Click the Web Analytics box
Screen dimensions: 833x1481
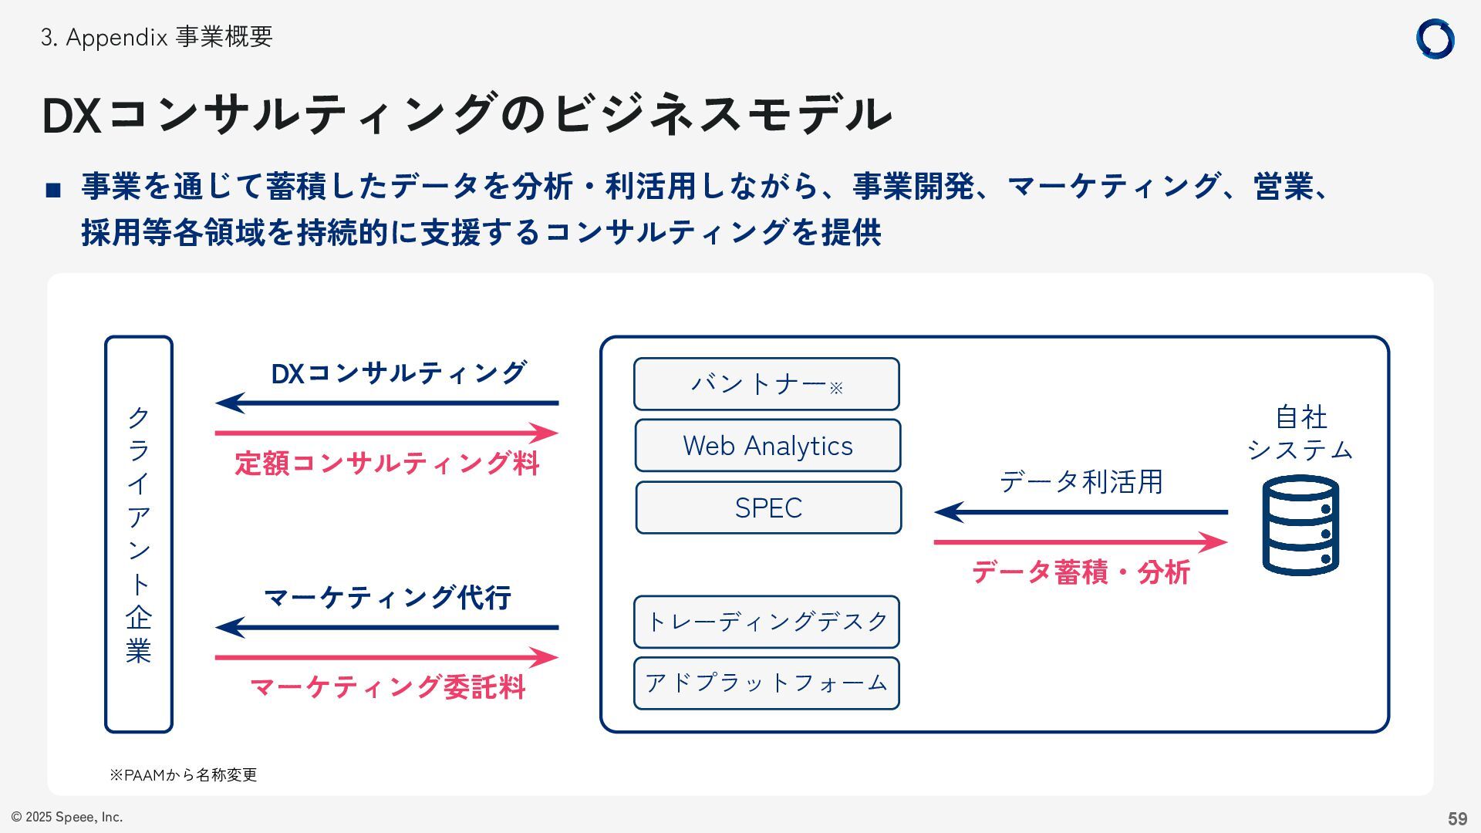pos(767,446)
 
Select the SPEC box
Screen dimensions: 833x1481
pos(768,508)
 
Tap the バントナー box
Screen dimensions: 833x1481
pos(766,384)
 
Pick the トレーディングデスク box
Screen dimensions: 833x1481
pos(766,622)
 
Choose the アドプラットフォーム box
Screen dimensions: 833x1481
pos(766,683)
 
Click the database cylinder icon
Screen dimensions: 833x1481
pos(1301,525)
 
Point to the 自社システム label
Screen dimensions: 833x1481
pos(1301,433)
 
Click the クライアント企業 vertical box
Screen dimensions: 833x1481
pos(139,534)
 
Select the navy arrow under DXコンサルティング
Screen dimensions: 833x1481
pos(386,403)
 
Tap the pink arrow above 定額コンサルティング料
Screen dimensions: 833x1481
pos(386,433)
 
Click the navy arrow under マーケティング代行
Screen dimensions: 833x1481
pos(386,627)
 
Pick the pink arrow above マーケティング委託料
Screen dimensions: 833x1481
pos(386,658)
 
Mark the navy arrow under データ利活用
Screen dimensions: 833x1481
pos(1080,511)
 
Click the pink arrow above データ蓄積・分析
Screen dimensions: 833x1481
pos(1080,542)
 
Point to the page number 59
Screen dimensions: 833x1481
pos(1457,818)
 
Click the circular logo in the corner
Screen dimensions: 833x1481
pos(1435,39)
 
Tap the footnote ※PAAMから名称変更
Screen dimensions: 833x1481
pos(184,774)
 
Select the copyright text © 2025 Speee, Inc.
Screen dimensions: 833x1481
pos(67,817)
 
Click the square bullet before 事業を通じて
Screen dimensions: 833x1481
pos(53,190)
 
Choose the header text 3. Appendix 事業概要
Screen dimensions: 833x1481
pos(157,37)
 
